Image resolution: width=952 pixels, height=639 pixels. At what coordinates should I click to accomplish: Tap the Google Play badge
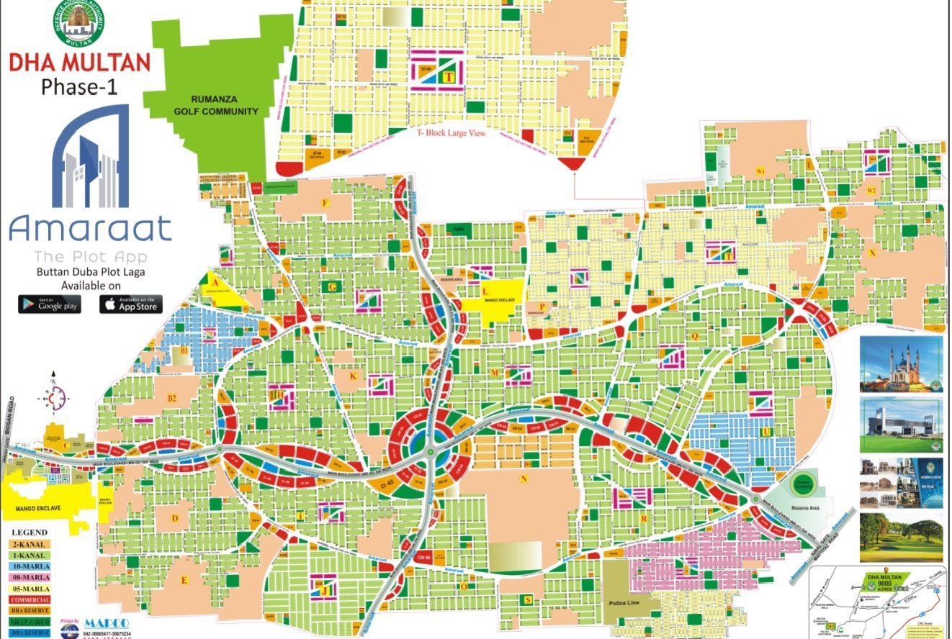coord(50,304)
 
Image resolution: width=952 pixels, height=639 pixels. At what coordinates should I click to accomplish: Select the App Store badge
coord(130,304)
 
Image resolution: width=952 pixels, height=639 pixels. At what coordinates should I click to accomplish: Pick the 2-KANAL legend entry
coord(30,544)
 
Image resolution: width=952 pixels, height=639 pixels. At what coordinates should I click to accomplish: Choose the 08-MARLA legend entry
coord(30,578)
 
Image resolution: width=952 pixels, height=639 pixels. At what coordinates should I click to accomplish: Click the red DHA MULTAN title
coord(79,62)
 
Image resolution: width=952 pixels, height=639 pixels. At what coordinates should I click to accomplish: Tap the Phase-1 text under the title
coord(78,87)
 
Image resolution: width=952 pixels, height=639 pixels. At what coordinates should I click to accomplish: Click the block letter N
coord(525,478)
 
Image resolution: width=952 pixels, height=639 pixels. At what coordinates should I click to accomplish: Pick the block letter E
coord(184,580)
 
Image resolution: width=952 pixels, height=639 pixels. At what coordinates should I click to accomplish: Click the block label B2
coord(172,398)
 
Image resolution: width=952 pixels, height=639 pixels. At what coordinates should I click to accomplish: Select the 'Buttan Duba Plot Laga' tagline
coord(89,272)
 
